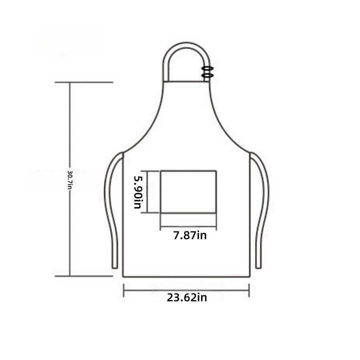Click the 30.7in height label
69,180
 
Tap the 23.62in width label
186,297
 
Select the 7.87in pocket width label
190,235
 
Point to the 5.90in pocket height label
138,192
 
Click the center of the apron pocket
188,192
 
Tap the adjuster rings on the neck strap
207,71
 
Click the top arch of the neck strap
186,45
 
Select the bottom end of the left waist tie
114,267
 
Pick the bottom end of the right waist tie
258,267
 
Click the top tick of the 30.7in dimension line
84,82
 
